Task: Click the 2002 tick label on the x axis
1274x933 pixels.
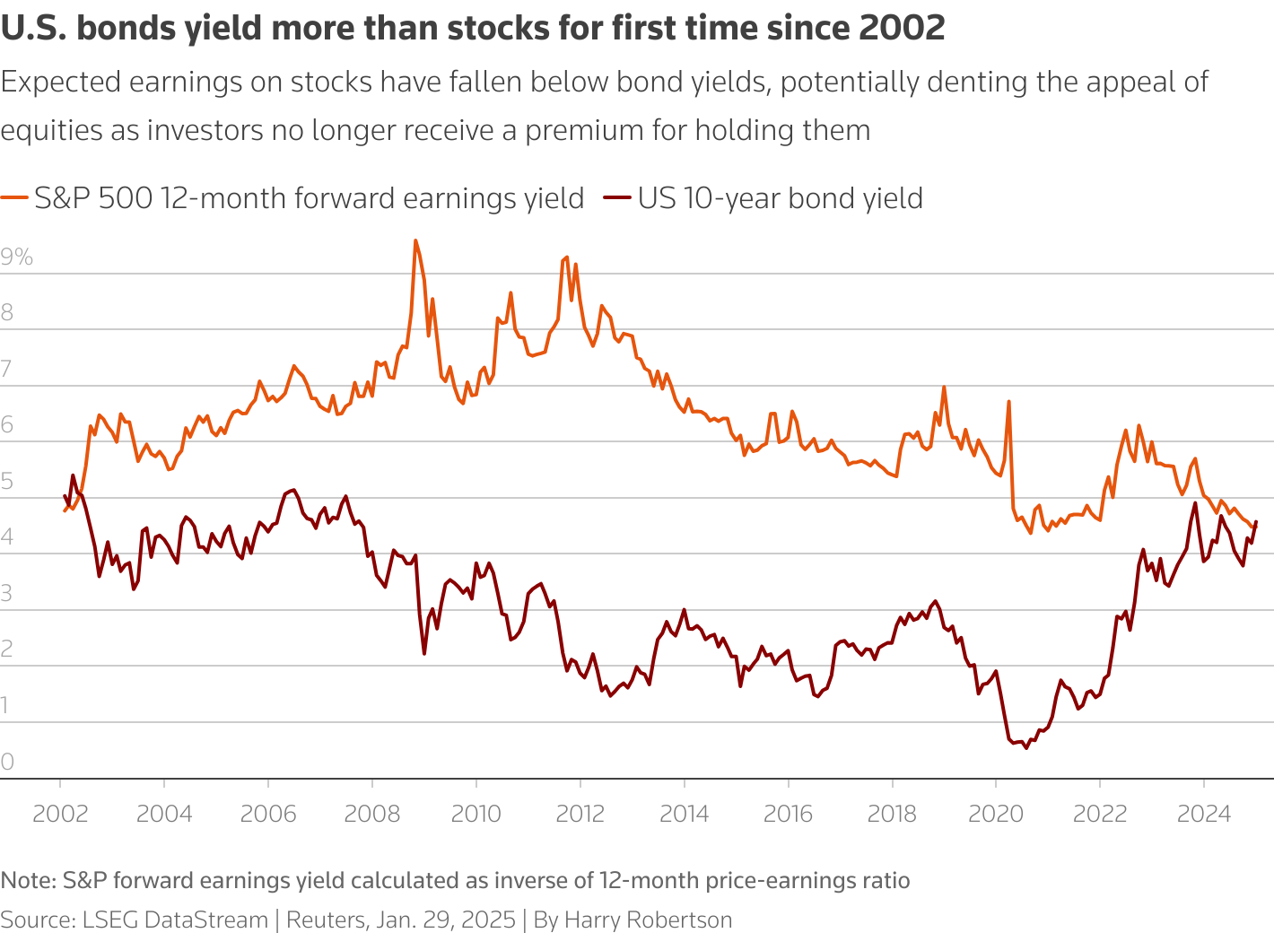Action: click(60, 814)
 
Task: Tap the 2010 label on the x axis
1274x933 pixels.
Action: click(476, 814)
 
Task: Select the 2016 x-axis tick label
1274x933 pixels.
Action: click(788, 814)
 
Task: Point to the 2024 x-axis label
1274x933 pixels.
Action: click(1203, 814)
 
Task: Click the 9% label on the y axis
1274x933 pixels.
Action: click(17, 257)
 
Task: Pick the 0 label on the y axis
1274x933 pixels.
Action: click(8, 763)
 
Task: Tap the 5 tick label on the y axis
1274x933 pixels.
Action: click(8, 482)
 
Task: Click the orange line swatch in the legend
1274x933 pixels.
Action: click(14, 198)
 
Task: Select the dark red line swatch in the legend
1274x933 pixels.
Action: click(618, 198)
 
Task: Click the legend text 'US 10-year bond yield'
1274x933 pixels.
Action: click(781, 198)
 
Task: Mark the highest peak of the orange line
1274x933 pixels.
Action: click(415, 240)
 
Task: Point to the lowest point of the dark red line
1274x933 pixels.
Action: click(1025, 747)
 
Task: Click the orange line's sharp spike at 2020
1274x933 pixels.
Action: click(1008, 402)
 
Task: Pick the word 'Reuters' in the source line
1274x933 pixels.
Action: click(326, 920)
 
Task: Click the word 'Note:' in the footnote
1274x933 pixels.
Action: click(28, 880)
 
